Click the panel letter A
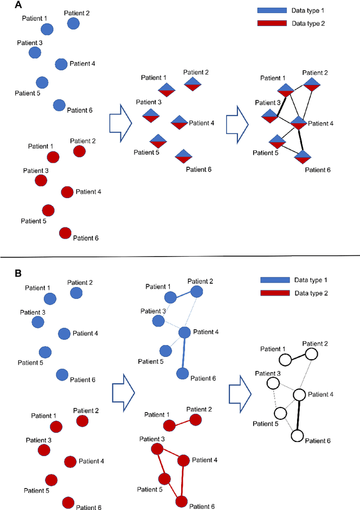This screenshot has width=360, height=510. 4,5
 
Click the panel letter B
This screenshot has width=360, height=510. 4,274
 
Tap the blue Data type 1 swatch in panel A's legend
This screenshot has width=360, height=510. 273,11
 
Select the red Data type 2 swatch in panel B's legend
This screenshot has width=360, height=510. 275,293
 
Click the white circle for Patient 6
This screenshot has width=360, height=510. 298,436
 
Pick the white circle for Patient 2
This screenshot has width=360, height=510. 310,354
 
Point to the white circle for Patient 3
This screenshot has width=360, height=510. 273,383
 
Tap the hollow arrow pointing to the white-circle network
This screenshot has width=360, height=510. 239,390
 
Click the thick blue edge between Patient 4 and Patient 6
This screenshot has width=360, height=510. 183,353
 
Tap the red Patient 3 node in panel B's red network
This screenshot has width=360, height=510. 157,449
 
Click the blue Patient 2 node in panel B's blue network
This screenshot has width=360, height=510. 196,291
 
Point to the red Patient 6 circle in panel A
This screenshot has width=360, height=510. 65,232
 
